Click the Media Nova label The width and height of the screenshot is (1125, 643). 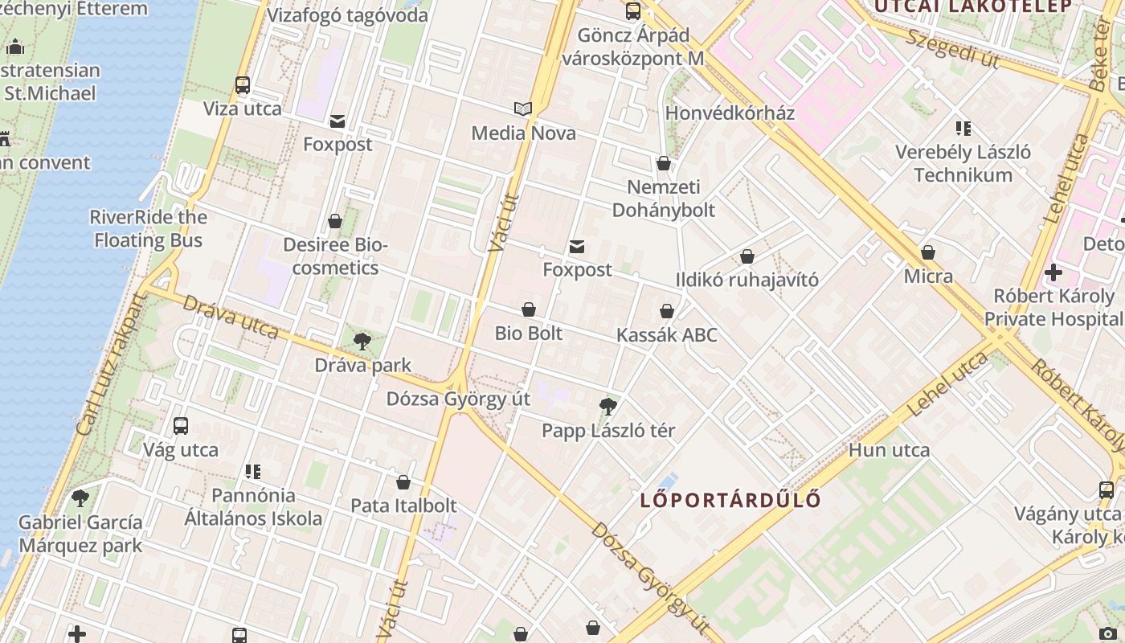523,133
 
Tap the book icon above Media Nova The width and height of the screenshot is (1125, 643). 523,109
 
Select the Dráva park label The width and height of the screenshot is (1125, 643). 362,366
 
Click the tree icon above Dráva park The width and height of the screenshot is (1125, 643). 362,342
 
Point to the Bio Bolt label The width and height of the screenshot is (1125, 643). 529,333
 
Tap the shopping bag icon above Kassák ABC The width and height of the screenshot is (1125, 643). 666,311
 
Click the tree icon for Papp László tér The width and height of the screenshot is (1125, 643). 608,407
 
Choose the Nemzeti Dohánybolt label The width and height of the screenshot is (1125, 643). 664,199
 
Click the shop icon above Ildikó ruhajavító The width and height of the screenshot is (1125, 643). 747,256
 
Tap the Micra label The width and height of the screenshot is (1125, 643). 928,276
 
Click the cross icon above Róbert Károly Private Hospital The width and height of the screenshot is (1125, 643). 1053,272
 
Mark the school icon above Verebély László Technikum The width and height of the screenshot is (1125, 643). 963,129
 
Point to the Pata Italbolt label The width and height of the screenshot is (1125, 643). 403,506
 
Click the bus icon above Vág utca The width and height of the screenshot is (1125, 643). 181,426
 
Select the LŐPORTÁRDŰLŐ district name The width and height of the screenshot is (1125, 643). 730,500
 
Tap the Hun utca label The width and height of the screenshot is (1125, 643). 889,450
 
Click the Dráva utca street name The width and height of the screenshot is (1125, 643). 231,317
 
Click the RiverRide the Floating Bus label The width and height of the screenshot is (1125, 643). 148,229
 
